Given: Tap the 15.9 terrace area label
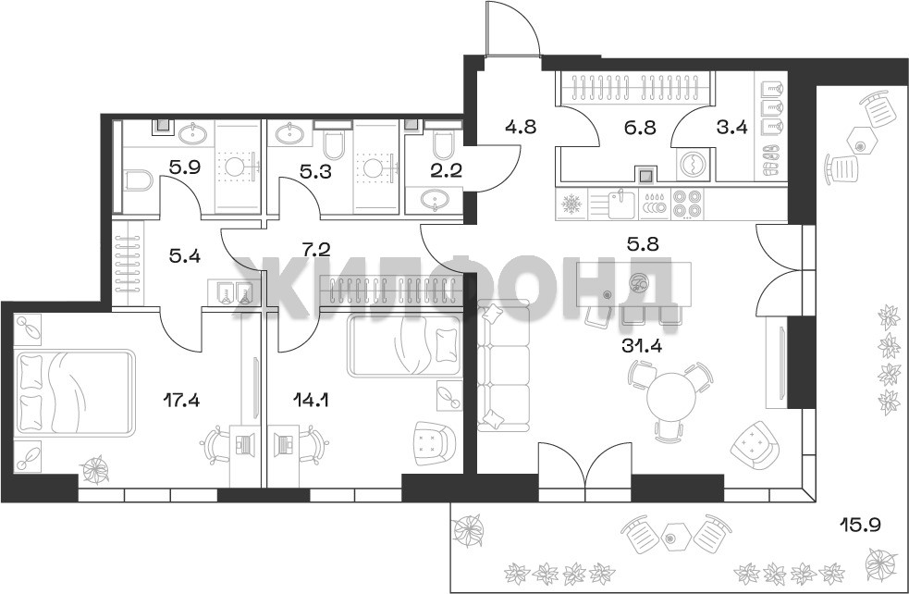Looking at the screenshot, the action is [x=861, y=526].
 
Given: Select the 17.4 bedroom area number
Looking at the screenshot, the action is [x=180, y=400].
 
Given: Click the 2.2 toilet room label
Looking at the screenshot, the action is [x=447, y=171].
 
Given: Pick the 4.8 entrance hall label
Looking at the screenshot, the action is [x=520, y=127].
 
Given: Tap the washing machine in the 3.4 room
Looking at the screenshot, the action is [x=694, y=165].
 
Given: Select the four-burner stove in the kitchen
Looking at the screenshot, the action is [x=688, y=204].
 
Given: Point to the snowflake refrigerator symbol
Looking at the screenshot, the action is [x=571, y=204].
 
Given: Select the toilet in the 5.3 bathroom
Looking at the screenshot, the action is [x=335, y=144].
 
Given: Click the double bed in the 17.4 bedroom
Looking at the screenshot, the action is [x=74, y=391].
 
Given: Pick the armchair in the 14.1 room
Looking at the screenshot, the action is [x=433, y=443].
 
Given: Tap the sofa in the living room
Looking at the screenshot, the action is [x=503, y=366].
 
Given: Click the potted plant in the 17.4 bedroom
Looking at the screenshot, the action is [x=95, y=470].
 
